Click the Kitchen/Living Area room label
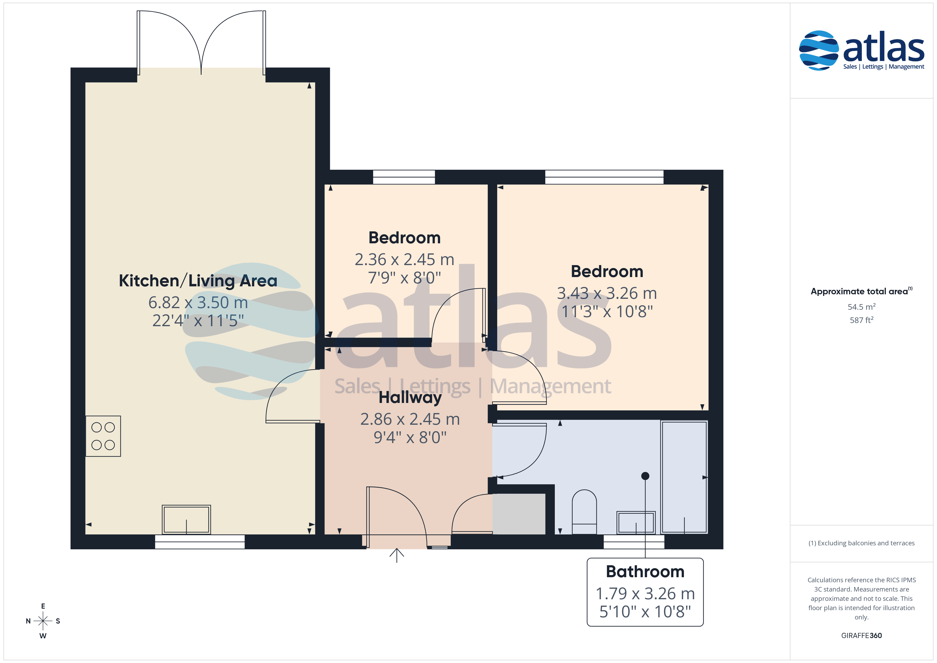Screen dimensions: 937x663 coord(198,281)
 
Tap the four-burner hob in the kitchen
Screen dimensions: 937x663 coord(103,436)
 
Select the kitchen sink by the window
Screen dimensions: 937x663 coord(186,520)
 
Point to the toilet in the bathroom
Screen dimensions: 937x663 coord(584,512)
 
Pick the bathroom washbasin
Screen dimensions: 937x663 coord(636,522)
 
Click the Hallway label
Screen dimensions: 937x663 coord(410,398)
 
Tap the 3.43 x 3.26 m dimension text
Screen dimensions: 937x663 coord(607,293)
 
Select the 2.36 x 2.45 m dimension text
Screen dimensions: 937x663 coord(404,259)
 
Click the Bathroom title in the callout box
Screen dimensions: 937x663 coord(645,572)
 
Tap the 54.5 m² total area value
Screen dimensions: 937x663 coord(862,307)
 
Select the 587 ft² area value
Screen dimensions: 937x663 coord(862,320)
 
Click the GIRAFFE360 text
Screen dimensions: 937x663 coord(862,636)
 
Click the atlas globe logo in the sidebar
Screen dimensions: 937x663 coord(818,50)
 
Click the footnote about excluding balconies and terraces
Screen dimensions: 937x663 coord(862,543)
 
